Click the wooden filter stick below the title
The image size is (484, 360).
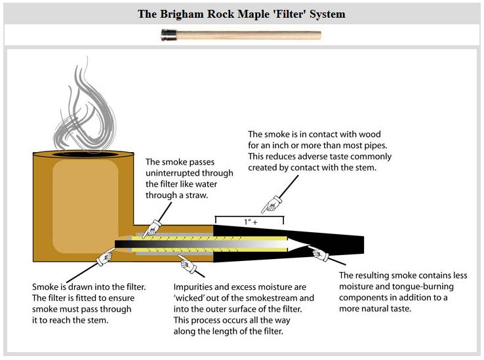pyautogui.click(x=249, y=35)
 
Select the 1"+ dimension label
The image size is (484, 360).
pyautogui.click(x=249, y=222)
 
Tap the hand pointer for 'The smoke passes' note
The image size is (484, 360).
pyautogui.click(x=152, y=228)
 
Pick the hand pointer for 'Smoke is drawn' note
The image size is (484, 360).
pyautogui.click(x=105, y=259)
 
